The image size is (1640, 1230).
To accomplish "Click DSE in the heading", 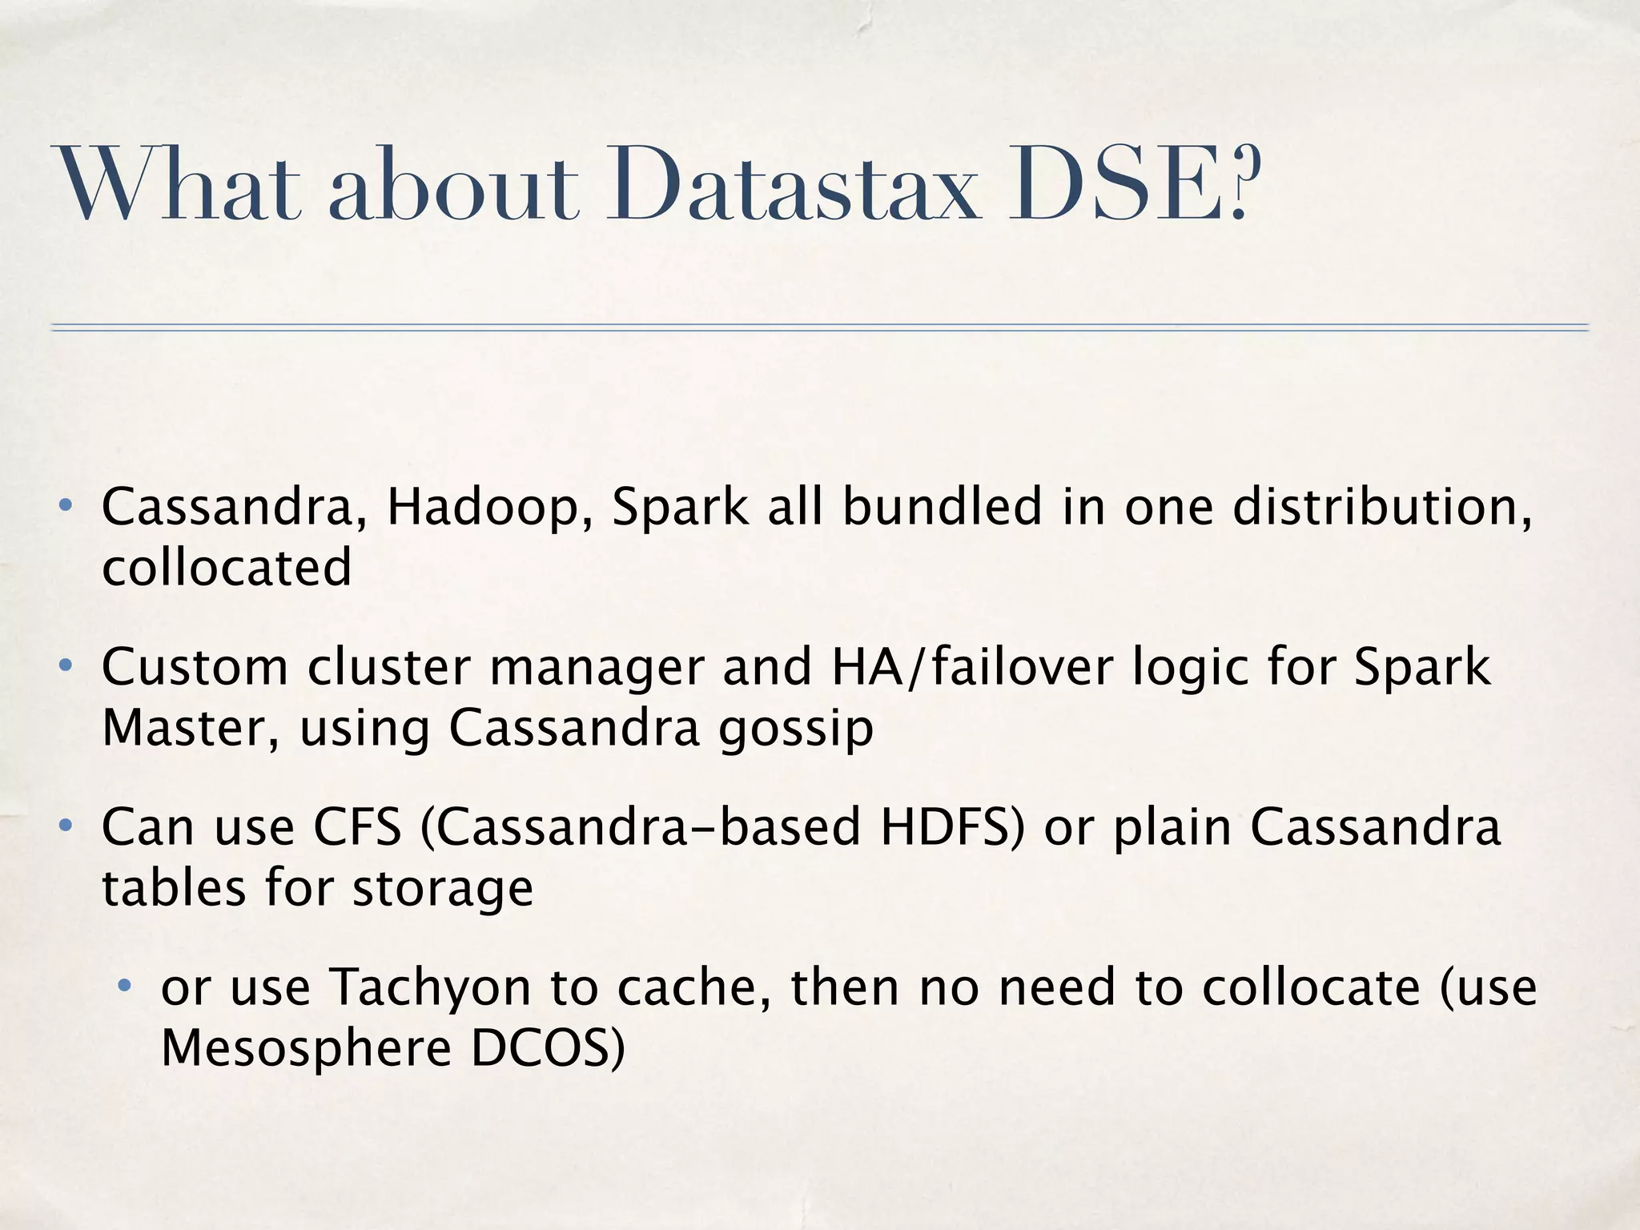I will click(1113, 186).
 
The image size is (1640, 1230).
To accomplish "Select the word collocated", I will click(227, 568).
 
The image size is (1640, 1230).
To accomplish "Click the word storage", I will click(443, 889).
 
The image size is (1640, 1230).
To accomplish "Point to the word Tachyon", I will click(431, 989).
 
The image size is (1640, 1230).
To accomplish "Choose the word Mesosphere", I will click(307, 1048).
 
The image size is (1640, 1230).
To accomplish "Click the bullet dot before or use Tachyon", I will click(125, 986).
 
